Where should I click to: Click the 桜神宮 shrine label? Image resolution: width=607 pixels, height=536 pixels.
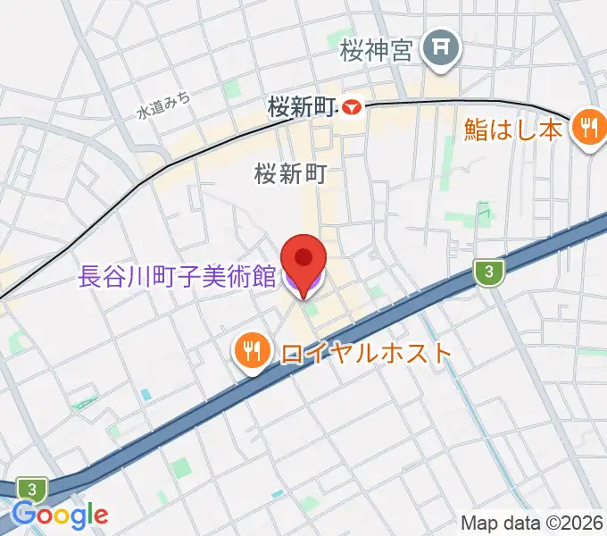point(376,51)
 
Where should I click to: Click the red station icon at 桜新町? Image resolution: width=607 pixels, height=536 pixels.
point(352,108)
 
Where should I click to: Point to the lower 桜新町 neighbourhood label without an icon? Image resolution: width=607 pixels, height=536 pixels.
point(287,173)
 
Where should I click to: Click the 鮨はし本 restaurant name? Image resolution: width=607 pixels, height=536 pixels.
point(512,130)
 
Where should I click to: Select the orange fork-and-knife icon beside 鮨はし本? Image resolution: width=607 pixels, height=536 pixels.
point(587,129)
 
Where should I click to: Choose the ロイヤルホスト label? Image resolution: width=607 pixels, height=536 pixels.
point(366,352)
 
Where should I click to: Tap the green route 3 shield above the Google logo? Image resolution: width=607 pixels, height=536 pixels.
point(33,489)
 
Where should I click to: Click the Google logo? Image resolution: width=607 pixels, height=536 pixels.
point(61,515)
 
